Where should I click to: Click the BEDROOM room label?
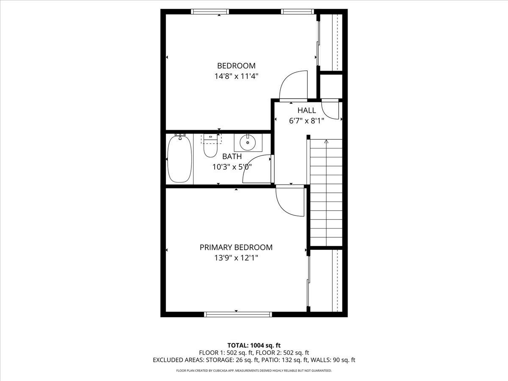(x=236, y=66)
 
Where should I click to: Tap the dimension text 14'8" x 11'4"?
(x=236, y=77)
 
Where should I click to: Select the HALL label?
(x=306, y=110)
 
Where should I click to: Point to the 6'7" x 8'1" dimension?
(x=306, y=121)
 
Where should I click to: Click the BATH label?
(x=232, y=156)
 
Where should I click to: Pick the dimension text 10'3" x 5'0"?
(x=232, y=167)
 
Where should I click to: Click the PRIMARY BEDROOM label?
(x=236, y=247)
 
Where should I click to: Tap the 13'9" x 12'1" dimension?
(x=236, y=258)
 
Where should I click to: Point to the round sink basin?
(x=248, y=143)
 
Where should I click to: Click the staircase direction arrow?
(x=326, y=141)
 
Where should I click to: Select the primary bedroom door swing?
(x=290, y=202)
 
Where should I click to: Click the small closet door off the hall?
(x=331, y=110)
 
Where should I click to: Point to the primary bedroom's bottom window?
(x=238, y=314)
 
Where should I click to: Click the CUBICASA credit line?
(x=254, y=371)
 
